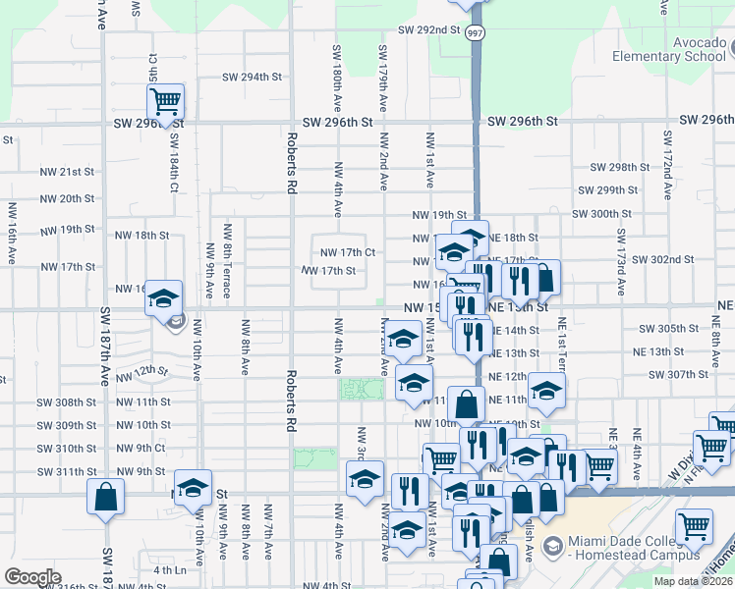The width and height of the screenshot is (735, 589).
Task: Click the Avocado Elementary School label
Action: (668, 49)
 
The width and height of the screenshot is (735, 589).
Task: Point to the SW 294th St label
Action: (252, 77)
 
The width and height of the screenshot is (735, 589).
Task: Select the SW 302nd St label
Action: (664, 259)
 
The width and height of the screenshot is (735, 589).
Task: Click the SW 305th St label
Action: (667, 329)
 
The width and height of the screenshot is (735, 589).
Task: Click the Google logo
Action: (32, 577)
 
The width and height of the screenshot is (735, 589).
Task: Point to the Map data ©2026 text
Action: (696, 581)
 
